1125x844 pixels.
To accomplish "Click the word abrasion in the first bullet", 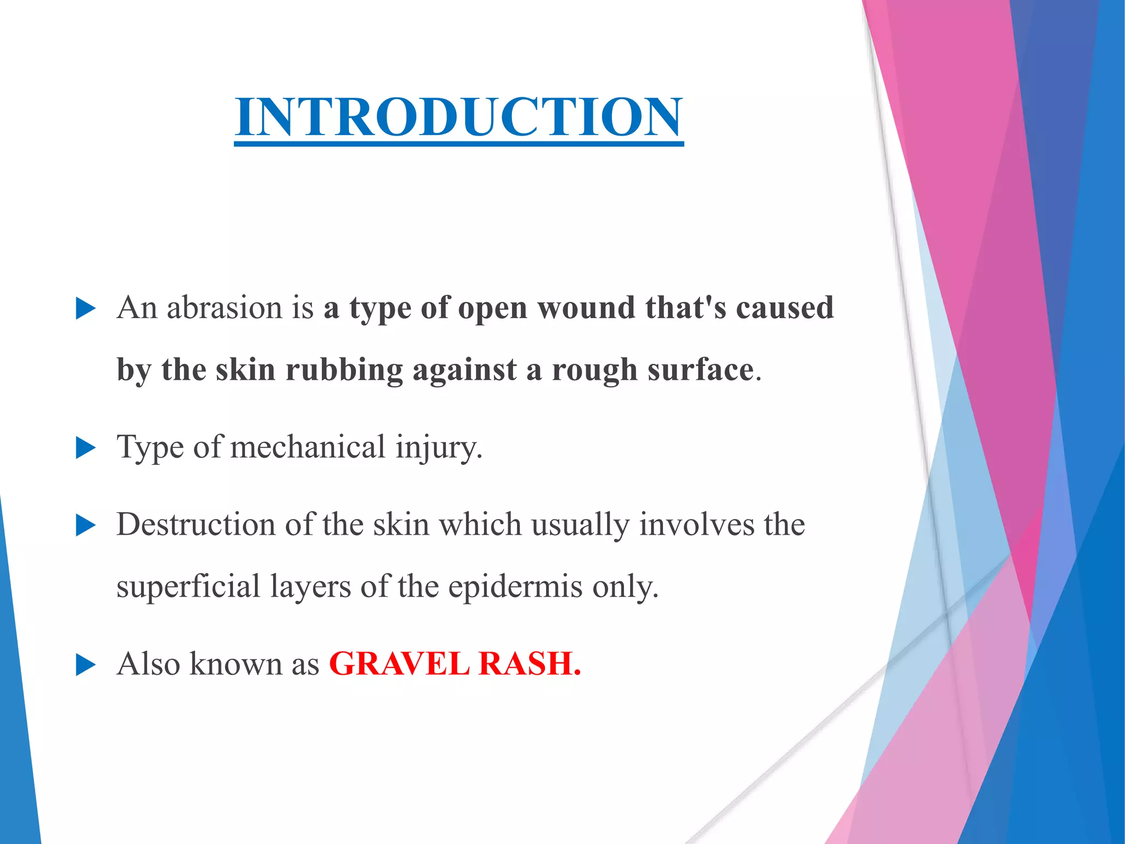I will pos(224,308).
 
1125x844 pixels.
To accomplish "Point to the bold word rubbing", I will pos(344,370).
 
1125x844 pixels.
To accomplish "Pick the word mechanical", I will pos(308,447).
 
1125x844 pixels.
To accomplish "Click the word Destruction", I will pos(196,524).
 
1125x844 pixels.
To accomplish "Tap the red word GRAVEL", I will pos(399,664).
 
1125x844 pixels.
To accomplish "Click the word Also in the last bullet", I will pos(148,664).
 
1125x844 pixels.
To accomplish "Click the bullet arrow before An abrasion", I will pos(85,309).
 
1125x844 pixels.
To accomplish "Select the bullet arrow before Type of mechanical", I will pos(85,448).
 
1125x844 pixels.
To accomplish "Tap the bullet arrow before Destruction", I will pos(85,525).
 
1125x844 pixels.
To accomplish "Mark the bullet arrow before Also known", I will pos(85,665).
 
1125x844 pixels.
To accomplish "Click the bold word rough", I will pos(595,370).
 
